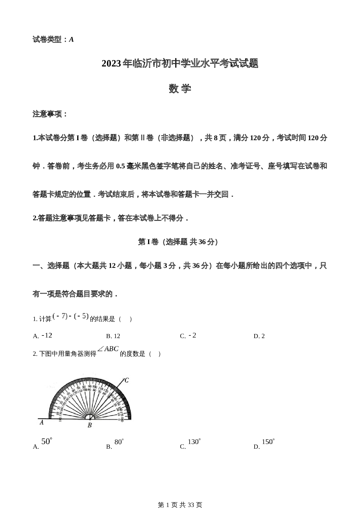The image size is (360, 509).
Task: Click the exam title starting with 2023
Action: pos(180,64)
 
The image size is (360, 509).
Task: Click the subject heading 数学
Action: pos(180,89)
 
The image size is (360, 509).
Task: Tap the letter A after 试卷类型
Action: pos(71,40)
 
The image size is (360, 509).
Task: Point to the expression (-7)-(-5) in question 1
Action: pos(71,317)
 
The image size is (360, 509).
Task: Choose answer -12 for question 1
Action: pos(47,335)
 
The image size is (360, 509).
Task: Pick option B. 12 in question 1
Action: pos(113,336)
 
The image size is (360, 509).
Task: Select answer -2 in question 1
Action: pos(192,335)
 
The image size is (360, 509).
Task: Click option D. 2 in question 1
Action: pos(259,336)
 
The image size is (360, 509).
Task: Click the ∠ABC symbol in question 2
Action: pos(108,349)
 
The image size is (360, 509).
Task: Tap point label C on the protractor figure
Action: pos(127,380)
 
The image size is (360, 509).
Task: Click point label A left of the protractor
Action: pos(42,423)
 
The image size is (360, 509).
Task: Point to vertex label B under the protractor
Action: pos(90,425)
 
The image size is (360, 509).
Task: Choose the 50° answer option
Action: pos(46,442)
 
